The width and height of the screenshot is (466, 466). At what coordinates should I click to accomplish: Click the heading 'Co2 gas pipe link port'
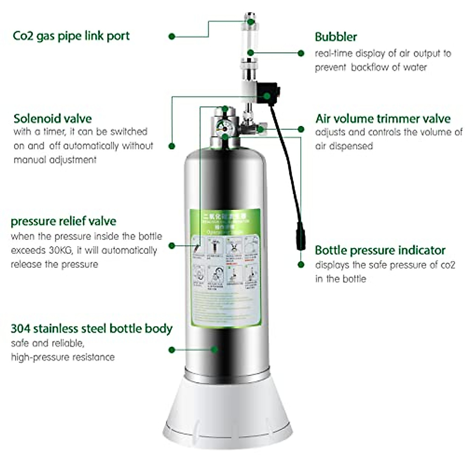coord(71,36)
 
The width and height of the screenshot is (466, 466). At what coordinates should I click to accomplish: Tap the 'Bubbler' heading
coord(336,37)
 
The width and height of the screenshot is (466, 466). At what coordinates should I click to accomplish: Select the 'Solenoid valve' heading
coord(52,118)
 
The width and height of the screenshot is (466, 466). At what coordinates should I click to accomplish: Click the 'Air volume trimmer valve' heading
coord(383,118)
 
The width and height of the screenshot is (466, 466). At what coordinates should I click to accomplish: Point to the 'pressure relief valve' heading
coord(63,221)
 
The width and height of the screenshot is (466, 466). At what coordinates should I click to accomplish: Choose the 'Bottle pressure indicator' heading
coord(380,250)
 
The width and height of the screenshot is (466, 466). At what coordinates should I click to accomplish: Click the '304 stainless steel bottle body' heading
coord(91,329)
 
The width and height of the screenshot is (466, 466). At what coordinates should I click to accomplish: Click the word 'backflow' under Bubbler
coord(369,67)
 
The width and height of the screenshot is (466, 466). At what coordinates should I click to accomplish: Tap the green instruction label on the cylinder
coord(225,268)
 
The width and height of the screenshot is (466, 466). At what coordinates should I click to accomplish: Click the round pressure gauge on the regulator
coord(223,126)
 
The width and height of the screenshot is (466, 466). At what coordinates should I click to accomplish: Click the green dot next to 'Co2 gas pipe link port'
coord(172,37)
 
